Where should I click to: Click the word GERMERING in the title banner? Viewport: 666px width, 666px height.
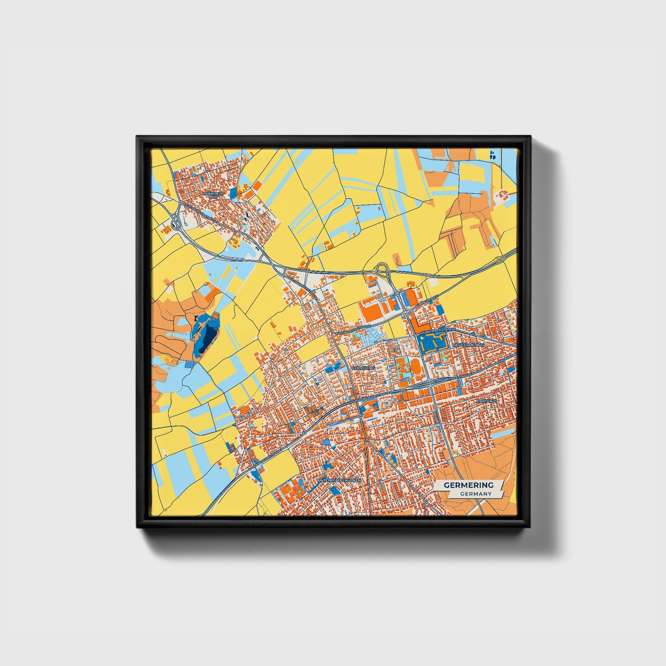tap(468, 485)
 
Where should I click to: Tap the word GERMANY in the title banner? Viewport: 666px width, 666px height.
tap(476, 494)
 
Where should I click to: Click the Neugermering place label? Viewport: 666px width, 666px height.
tap(469, 345)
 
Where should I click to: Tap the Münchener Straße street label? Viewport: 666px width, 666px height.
tap(438, 330)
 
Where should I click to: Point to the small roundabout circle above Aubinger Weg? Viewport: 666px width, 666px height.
tap(397, 293)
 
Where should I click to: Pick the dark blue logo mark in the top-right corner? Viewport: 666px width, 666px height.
tap(492, 155)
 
